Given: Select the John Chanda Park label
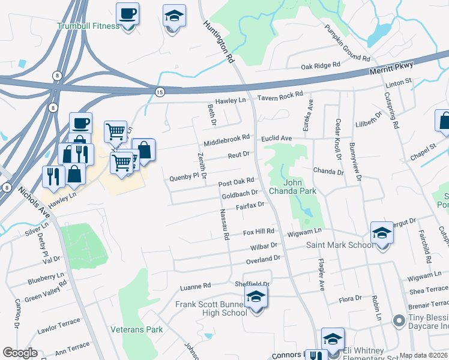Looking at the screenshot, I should coord(300,187).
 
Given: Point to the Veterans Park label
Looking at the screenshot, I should coord(137,329).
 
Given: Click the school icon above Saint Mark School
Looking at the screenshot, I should coord(382,232).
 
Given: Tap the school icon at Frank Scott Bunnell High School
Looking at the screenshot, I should coord(256,296).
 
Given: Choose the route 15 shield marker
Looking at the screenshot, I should coord(159,91).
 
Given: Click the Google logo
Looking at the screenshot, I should coord(19,353).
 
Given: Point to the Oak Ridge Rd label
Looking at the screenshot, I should coord(321,66).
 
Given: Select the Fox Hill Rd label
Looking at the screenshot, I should coord(259,232).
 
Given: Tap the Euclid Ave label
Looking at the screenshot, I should coord(276,139).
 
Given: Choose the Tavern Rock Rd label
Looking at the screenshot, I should coord(280,96).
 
